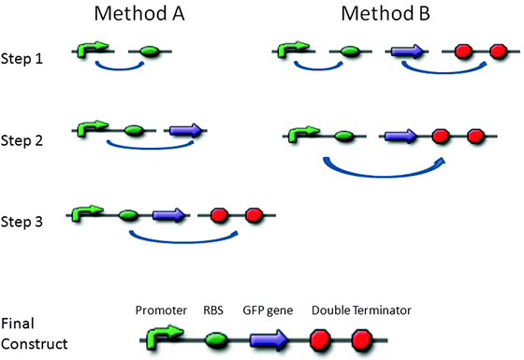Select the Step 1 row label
coord(24,57)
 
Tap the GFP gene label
coord(269,310)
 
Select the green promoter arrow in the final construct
coord(161,335)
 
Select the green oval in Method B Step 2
coord(344,137)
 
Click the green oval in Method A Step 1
coord(150,52)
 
